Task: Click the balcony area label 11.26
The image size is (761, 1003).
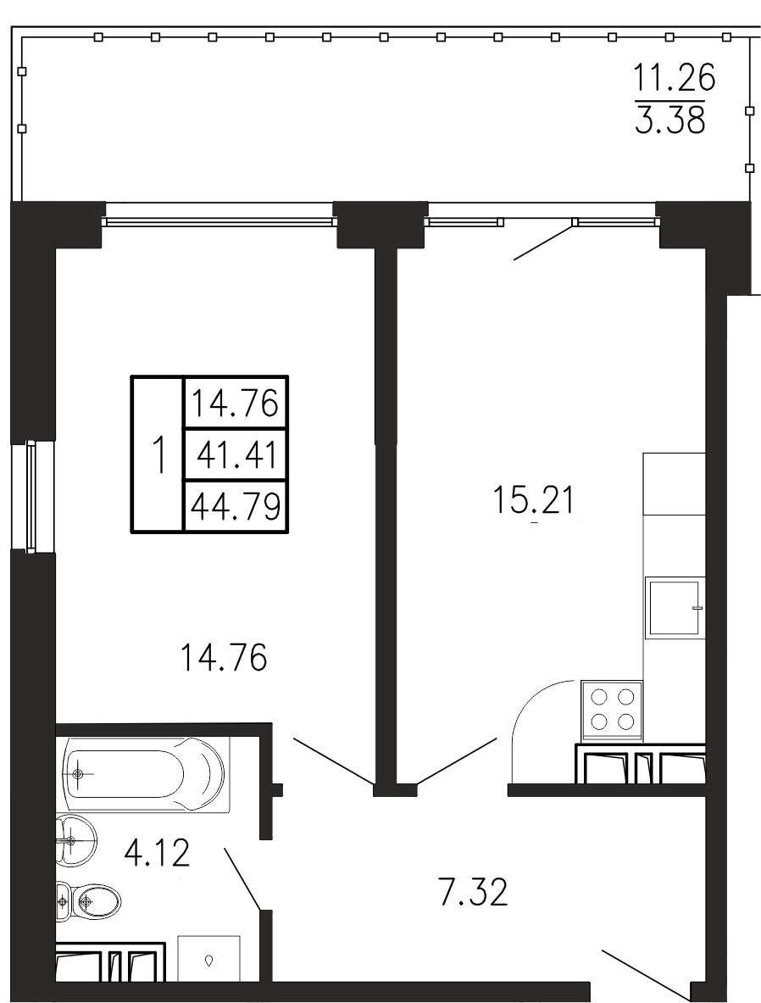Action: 674,80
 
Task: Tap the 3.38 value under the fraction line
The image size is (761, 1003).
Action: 671,120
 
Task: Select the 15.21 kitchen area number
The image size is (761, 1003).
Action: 535,499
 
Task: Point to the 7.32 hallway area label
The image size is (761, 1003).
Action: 474,892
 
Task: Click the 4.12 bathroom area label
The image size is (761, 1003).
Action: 158,853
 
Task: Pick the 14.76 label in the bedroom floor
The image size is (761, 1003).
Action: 223,658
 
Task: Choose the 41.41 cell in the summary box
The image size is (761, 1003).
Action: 236,455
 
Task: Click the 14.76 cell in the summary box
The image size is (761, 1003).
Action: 236,404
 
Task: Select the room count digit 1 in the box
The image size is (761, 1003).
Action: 158,454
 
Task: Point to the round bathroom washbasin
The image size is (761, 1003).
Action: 75,840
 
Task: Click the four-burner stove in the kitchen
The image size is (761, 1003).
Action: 612,709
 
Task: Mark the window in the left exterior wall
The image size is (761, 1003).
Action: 31,496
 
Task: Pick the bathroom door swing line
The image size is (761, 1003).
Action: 242,878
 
